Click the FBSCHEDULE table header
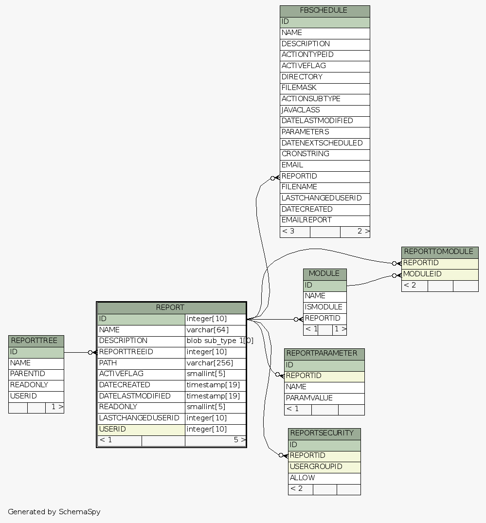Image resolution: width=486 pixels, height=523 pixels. (x=324, y=11)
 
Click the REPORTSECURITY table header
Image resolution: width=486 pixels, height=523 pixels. (x=324, y=433)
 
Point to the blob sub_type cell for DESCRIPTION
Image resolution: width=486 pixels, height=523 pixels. (x=216, y=341)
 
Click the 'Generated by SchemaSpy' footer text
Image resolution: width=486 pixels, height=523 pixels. (x=54, y=512)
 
